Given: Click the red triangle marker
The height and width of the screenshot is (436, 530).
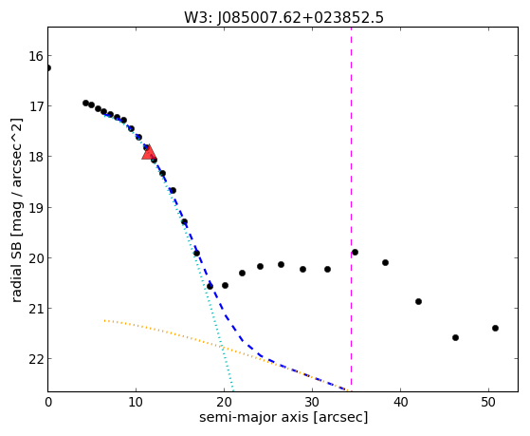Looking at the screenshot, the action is point(149,152).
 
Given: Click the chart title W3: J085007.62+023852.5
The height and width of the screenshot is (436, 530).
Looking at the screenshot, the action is point(283,18).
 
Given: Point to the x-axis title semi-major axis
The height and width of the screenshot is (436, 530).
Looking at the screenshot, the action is point(253,417).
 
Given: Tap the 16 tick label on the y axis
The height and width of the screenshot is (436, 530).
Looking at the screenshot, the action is point(36,56).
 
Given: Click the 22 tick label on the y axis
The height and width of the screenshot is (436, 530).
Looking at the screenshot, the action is point(36,359).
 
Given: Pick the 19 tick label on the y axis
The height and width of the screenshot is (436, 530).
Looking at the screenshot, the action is point(36,208).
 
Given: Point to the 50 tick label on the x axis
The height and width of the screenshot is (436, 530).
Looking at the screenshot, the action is point(489,403).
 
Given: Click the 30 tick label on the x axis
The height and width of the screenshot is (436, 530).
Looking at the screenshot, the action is point(312,403).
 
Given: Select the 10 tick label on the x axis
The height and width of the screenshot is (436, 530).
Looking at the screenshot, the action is point(136,403).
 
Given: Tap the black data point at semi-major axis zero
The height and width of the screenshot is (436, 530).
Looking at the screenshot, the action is point(48,68).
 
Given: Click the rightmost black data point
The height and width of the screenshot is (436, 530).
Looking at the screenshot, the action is point(496,328).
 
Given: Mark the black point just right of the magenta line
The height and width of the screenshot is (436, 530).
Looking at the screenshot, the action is point(355,252).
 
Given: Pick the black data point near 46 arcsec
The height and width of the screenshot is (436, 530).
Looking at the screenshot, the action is point(455,337).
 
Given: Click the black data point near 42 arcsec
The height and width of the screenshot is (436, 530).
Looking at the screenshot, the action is point(418,301).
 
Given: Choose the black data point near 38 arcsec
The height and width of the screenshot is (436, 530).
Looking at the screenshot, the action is point(385,262).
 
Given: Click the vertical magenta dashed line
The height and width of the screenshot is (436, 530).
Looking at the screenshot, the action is point(351,209).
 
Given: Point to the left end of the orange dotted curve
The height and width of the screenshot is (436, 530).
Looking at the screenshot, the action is point(105,320).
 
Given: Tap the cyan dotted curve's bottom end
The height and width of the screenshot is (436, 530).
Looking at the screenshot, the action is point(233,390).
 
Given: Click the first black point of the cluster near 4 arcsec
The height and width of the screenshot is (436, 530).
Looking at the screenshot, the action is point(86,103).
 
